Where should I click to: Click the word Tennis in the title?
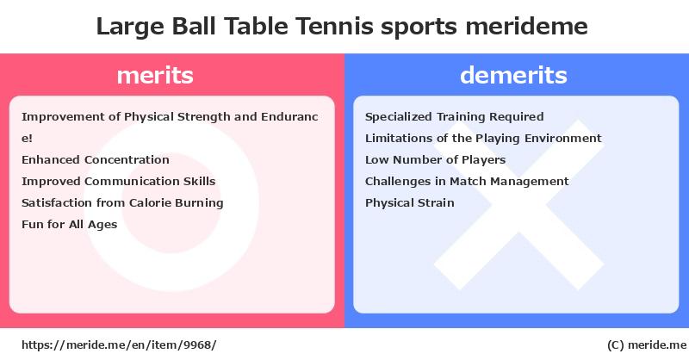(334, 26)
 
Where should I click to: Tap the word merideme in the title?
(526, 26)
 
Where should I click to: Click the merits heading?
(155, 75)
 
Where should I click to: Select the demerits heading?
(513, 75)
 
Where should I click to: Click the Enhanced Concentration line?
(96, 159)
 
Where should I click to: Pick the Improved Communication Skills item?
(119, 181)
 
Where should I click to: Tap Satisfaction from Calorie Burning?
(122, 203)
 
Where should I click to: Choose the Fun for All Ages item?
(70, 225)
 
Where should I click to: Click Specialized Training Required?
(455, 117)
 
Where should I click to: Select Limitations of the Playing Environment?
(483, 139)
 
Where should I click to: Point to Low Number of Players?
(436, 160)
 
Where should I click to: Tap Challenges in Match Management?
(467, 182)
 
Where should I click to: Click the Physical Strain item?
(410, 203)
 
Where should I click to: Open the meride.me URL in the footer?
(119, 345)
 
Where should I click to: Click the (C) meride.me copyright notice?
(647, 345)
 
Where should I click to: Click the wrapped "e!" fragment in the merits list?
(27, 139)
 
